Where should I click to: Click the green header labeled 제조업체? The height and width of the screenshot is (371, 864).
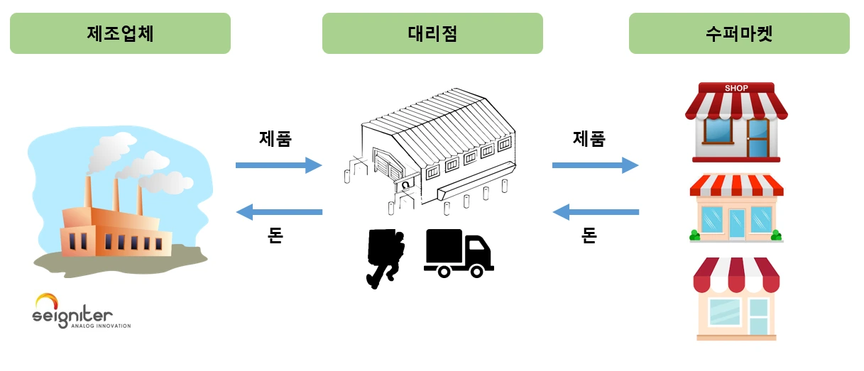tap(121, 33)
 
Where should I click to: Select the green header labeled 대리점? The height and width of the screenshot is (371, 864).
tap(432, 33)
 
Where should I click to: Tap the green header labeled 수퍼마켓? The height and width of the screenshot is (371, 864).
tap(739, 33)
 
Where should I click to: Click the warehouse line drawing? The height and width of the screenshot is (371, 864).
tap(430, 151)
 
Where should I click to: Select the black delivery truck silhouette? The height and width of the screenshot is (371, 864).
tap(459, 253)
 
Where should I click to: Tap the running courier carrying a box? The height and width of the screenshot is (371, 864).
tap(385, 258)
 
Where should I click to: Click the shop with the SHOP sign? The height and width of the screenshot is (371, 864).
tap(736, 122)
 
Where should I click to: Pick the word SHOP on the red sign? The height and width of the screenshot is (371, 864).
tap(736, 88)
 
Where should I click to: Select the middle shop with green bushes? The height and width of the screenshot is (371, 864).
tap(736, 208)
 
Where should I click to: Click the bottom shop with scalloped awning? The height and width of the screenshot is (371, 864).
tap(736, 299)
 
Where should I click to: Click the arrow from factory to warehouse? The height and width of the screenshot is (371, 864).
tap(279, 165)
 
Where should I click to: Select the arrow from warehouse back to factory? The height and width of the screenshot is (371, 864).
tap(279, 212)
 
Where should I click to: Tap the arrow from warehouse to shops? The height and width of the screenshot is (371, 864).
tap(596, 165)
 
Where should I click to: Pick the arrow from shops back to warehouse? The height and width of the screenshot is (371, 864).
tap(596, 212)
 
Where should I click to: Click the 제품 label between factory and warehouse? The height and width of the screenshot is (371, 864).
tap(275, 139)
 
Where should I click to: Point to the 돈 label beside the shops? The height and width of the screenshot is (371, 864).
tap(589, 235)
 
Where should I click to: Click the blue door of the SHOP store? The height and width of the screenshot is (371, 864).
tap(758, 138)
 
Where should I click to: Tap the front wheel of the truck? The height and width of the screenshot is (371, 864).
tap(477, 272)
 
